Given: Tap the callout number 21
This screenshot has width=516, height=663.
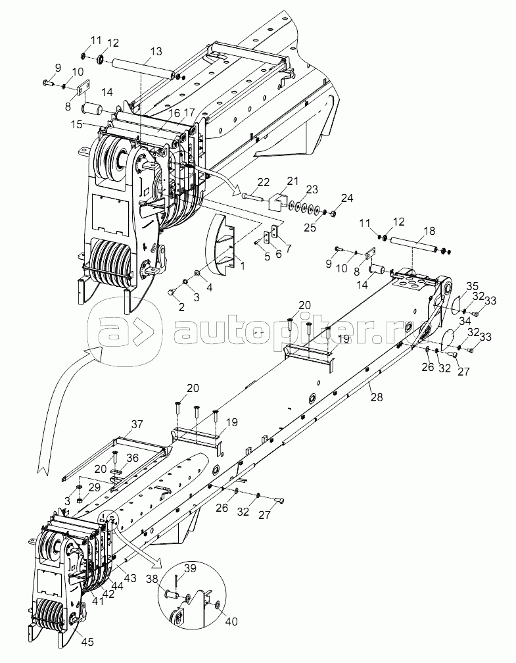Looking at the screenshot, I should pos(291,181).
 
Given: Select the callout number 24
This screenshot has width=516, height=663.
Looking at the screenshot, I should pos(346,197).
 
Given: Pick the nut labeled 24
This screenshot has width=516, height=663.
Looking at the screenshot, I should pos(333,213).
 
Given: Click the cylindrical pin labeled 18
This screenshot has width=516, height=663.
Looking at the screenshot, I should pos(417,244).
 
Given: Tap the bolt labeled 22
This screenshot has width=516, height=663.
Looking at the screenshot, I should pos(253,196).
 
